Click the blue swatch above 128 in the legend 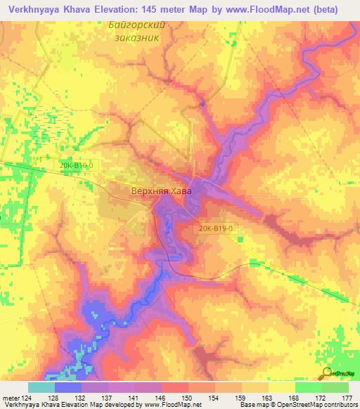[67, 387]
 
